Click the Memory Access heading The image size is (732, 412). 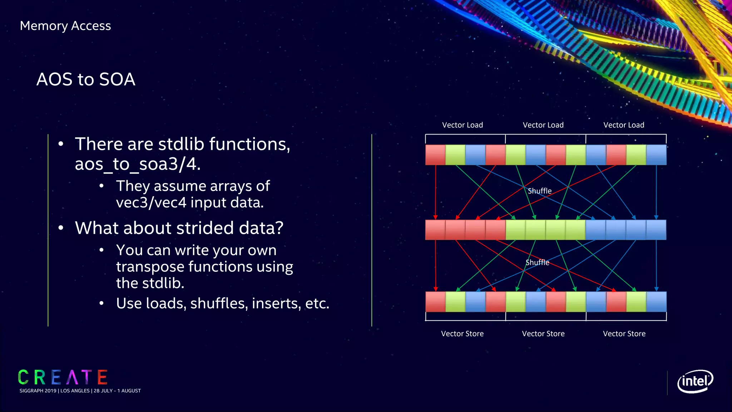point(65,26)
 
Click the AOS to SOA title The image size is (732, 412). point(86,79)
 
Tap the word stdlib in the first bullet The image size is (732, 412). point(182,144)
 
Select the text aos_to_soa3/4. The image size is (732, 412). point(138,164)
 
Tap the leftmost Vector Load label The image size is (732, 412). point(462,125)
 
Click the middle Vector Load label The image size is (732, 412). point(543,125)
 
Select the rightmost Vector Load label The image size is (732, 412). point(624,125)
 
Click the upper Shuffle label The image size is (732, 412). point(539,191)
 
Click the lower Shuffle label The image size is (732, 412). point(537,263)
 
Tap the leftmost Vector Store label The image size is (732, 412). point(462,334)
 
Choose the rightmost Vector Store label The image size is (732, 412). point(624,334)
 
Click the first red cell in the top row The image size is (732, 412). point(435,155)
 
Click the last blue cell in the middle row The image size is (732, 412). point(656,230)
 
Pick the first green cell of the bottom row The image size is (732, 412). point(455,301)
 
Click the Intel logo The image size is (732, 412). point(695,381)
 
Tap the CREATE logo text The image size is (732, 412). point(63,377)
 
